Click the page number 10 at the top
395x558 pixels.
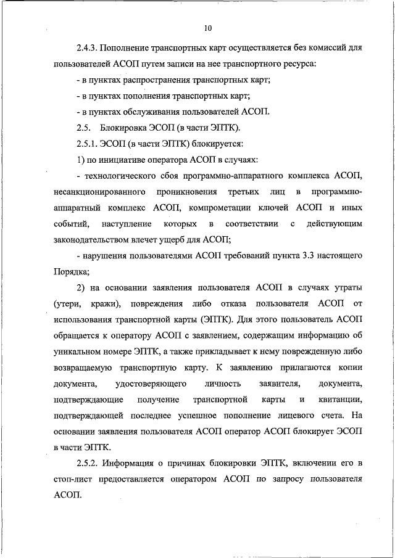coord(208,28)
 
